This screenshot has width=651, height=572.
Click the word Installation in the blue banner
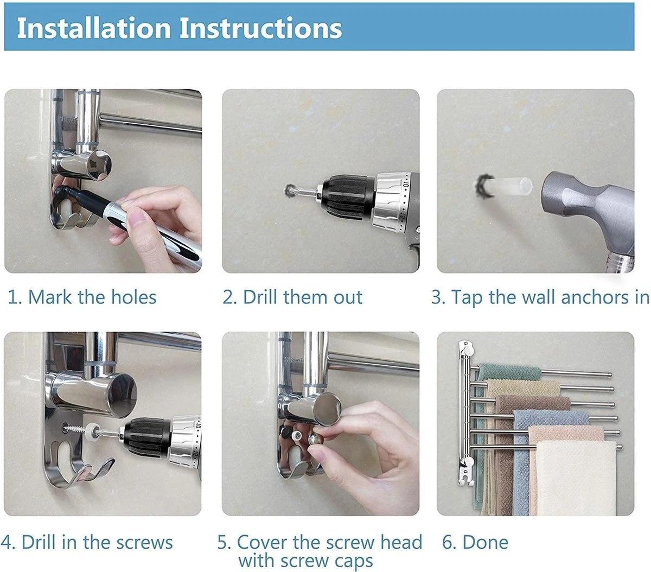coord(93,28)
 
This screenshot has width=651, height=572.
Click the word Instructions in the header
coord(260,28)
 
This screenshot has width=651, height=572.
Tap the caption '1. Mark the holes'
coord(82,297)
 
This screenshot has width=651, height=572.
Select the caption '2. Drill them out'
coord(292,297)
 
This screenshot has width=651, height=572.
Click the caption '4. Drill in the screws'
coord(87,542)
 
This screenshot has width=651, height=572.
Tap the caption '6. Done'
coord(475,542)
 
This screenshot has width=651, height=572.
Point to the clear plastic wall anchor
coord(509,187)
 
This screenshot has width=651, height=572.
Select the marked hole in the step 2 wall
coord(290,190)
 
